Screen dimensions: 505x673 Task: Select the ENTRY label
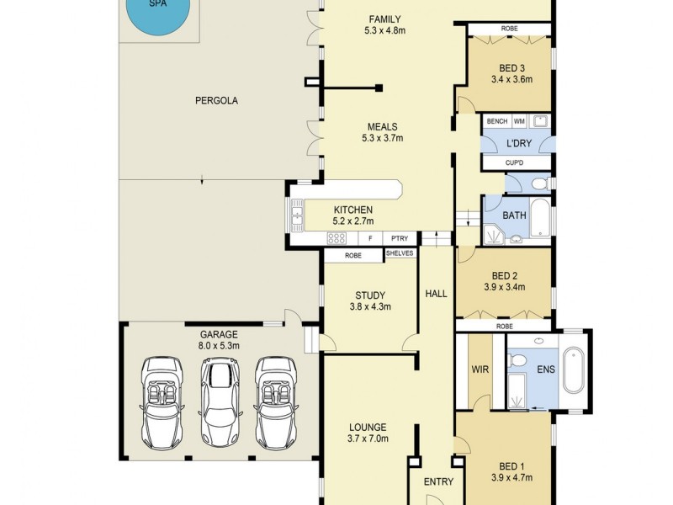pyautogui.click(x=438, y=482)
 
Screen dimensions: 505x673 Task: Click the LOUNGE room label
pyautogui.click(x=368, y=427)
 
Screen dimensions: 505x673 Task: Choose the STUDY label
pyautogui.click(x=369, y=295)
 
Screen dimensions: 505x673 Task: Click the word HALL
pyautogui.click(x=436, y=294)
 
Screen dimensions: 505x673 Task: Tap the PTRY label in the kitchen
pyautogui.click(x=399, y=239)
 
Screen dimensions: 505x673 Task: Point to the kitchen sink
pyautogui.click(x=297, y=218)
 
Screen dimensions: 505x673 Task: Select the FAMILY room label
pyautogui.click(x=384, y=25)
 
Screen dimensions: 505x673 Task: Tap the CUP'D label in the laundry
pyautogui.click(x=516, y=162)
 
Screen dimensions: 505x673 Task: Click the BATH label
pyautogui.click(x=514, y=216)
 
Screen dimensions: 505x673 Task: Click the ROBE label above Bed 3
pyautogui.click(x=510, y=29)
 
